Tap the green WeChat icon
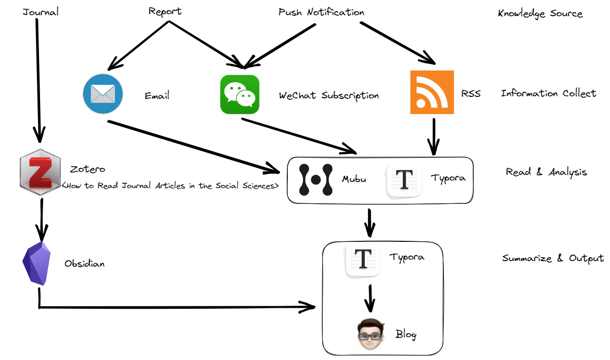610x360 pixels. click(x=240, y=94)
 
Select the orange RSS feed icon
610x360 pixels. click(x=432, y=92)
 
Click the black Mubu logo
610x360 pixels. click(x=315, y=179)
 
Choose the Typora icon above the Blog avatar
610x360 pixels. click(x=363, y=261)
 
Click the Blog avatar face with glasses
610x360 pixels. click(x=369, y=333)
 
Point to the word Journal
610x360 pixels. click(x=41, y=12)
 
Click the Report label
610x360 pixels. click(x=165, y=11)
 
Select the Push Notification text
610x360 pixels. click(x=321, y=12)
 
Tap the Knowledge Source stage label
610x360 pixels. click(x=540, y=14)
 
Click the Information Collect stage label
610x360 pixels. click(x=548, y=93)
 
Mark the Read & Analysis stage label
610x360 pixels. click(x=546, y=172)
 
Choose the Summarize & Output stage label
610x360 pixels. click(x=553, y=258)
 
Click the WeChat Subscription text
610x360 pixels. click(x=329, y=95)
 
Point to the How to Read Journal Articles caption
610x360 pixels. click(x=170, y=186)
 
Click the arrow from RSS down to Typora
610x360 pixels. click(x=433, y=135)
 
